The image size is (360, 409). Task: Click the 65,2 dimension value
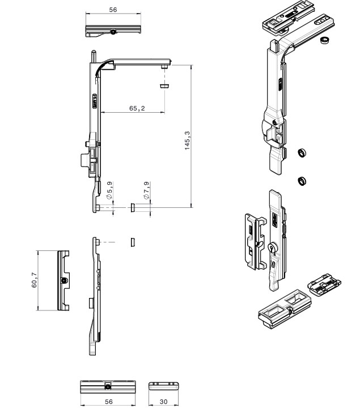coord(136,108)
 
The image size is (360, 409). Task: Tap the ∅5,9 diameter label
coord(109,190)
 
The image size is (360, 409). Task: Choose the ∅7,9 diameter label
coord(146,190)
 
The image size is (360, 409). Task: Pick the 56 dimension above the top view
coord(113,10)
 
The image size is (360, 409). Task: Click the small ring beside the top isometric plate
coord(325,40)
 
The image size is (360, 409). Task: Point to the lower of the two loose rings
coord(303,181)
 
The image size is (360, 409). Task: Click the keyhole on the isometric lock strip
coord(273,249)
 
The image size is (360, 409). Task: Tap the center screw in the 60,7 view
coord(65,280)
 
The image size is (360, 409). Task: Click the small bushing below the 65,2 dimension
coord(164,86)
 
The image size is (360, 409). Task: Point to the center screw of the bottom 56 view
coord(108,386)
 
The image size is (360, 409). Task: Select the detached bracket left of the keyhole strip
coord(253,241)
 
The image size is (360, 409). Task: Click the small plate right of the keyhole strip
coord(324,284)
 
